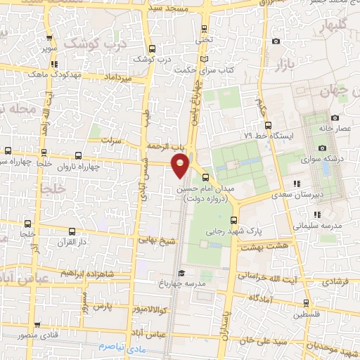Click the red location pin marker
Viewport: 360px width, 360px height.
181,165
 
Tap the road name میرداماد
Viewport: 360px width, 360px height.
118,75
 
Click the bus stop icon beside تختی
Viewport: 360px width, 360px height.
205,29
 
